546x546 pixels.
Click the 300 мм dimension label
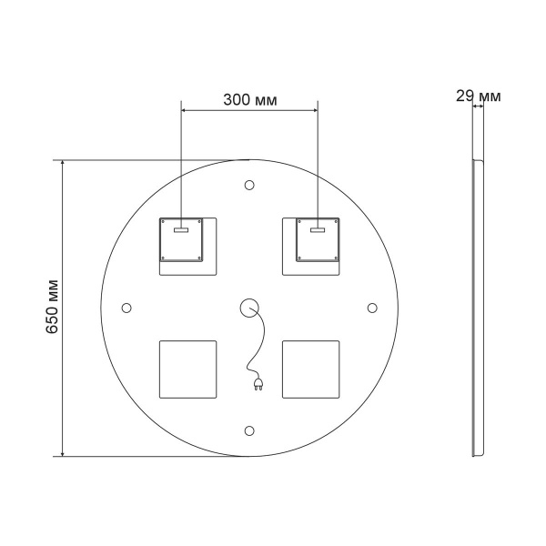[x=250, y=98]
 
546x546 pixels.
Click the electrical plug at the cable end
[x=256, y=386]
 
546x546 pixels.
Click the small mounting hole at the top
[x=249, y=186]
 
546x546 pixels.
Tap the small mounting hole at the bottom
[x=249, y=430]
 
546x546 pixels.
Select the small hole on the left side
[x=127, y=308]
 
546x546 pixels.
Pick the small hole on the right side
[x=371, y=308]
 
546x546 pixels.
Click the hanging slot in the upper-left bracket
[x=181, y=230]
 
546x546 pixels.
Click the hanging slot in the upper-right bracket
[x=317, y=230]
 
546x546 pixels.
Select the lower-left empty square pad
[x=187, y=369]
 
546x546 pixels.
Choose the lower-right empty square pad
[x=310, y=369]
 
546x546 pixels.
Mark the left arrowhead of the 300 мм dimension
[x=186, y=111]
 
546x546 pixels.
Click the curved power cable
[x=262, y=341]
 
